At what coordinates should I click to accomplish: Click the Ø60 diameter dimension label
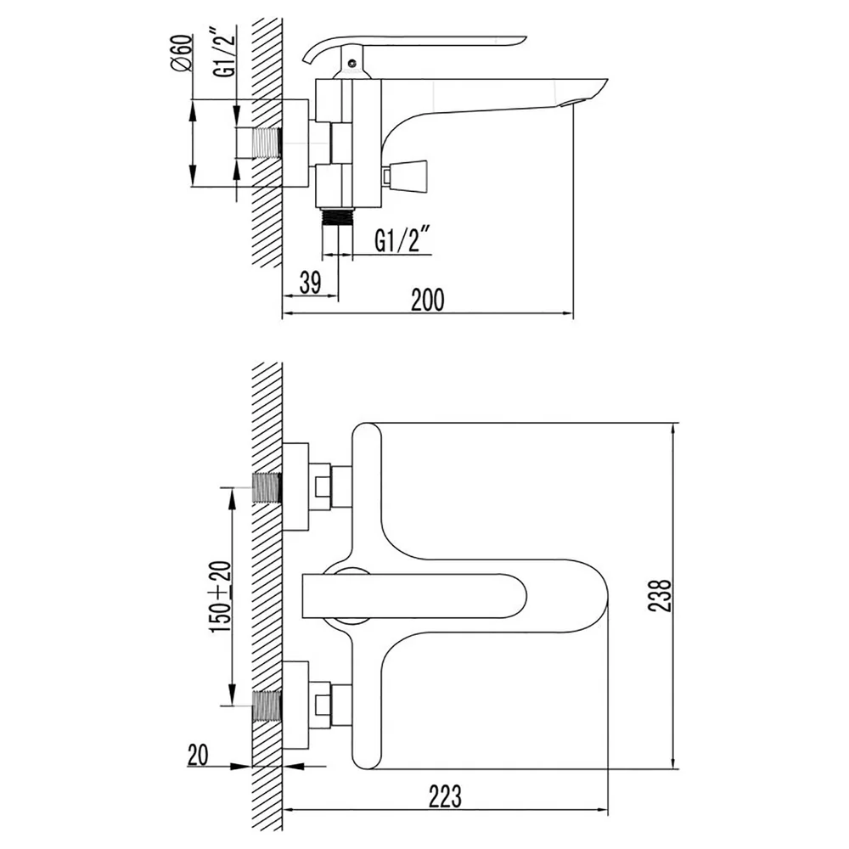[x=181, y=53]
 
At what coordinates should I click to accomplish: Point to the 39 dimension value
[x=310, y=282]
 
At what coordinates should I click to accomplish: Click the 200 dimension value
[x=428, y=300]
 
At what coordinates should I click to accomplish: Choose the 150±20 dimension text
[x=222, y=596]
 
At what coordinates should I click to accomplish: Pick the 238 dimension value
[x=660, y=596]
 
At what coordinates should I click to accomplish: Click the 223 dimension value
[x=445, y=796]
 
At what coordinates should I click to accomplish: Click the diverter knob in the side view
[x=405, y=176]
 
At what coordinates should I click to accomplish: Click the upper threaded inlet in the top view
[x=267, y=488]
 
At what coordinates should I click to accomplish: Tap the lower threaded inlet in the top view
[x=267, y=706]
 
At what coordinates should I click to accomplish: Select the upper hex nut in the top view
[x=322, y=486]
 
